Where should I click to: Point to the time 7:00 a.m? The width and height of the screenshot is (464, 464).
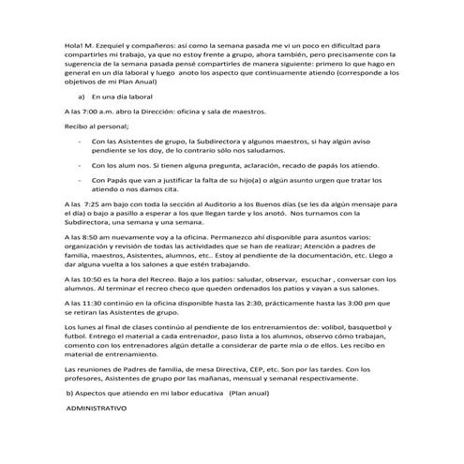92,112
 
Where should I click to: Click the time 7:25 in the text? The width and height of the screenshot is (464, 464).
93,202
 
